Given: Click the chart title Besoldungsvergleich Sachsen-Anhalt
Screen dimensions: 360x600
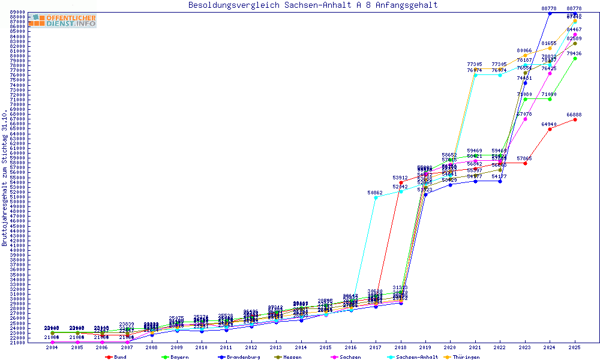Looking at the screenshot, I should point(313,5).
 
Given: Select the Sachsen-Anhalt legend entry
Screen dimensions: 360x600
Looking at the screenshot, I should point(413,357).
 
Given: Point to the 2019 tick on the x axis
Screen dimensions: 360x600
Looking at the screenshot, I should point(425,347).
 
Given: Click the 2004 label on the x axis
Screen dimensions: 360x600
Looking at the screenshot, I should point(52,347).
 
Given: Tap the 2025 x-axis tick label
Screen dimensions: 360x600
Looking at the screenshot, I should point(575,347).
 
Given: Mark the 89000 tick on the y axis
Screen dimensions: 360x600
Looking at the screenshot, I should point(17,12).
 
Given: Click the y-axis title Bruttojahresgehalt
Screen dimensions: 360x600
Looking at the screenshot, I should point(5,177).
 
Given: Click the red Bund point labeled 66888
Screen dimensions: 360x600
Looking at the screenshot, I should point(575,119).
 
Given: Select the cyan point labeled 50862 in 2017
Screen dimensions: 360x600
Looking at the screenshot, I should point(376,197).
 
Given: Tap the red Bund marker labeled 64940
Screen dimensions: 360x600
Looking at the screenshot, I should point(550,129).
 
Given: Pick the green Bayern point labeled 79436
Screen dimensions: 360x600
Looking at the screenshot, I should point(575,58).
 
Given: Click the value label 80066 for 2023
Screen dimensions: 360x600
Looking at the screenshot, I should point(525,51).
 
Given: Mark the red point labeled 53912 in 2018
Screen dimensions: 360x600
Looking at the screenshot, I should point(401,182).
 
